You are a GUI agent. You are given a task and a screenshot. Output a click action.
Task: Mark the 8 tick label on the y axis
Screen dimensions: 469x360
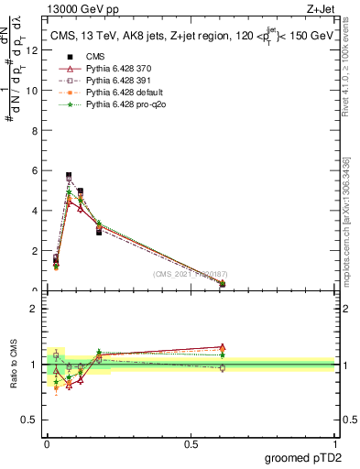pos(33,130)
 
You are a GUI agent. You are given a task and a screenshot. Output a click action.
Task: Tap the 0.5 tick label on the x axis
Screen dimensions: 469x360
pos(191,445)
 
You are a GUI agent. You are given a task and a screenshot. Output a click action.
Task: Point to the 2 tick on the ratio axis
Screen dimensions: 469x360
pos(33,309)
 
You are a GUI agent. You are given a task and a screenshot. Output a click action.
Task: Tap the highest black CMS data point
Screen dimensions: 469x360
pos(69,175)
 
